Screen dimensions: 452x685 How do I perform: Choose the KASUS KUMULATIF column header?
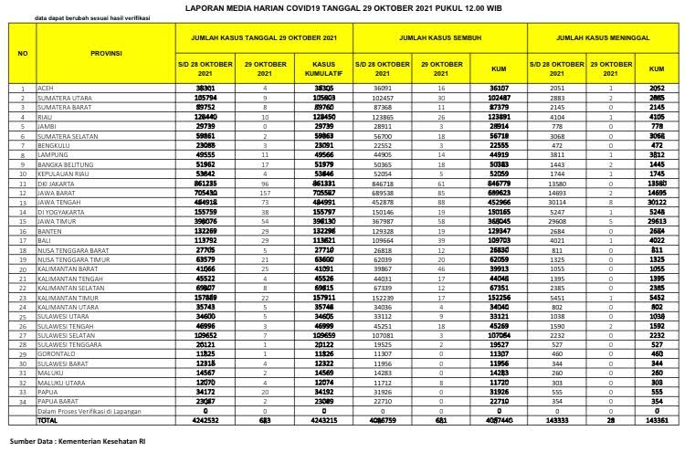325,68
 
